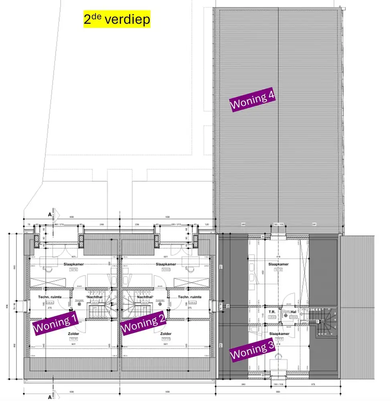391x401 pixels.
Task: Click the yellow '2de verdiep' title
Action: tap(117, 19)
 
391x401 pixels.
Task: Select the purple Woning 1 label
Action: tap(55, 324)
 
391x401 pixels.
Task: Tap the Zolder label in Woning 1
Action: tap(73, 334)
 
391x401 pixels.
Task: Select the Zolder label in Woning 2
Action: tap(166, 334)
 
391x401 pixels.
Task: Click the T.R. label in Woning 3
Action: tap(271, 311)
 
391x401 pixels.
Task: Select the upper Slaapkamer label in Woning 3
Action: tap(278, 265)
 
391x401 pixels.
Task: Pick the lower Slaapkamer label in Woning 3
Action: tap(278, 334)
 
